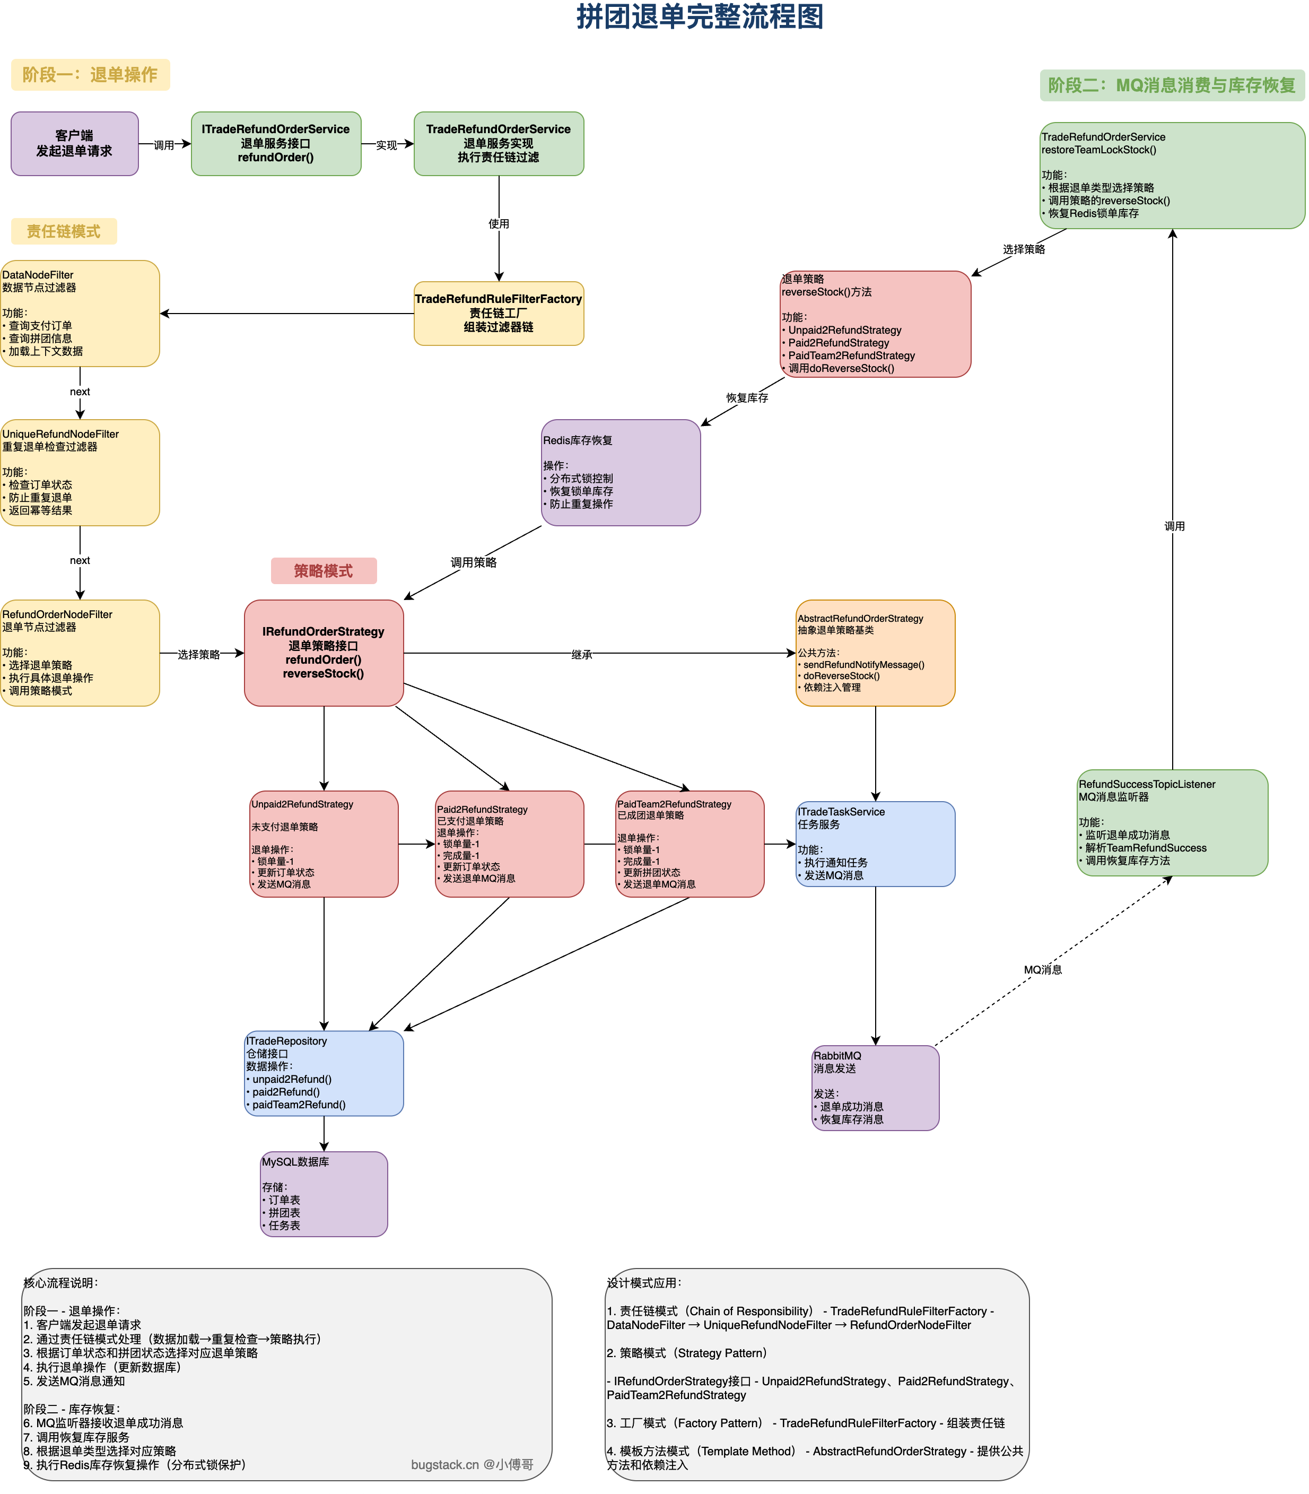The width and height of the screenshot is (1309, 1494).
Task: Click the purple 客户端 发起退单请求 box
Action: point(74,143)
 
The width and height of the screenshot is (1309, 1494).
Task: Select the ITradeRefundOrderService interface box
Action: point(276,143)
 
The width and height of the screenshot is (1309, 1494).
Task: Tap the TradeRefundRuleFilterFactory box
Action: point(499,314)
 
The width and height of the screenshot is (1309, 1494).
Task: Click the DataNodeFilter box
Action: point(80,314)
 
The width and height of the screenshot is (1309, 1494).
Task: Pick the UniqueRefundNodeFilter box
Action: point(80,472)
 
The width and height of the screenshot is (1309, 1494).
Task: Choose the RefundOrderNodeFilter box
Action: point(80,653)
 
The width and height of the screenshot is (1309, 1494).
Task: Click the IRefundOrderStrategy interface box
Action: point(324,653)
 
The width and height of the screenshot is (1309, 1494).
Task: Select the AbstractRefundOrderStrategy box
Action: point(875,653)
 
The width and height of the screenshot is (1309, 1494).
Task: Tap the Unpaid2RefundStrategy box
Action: point(324,844)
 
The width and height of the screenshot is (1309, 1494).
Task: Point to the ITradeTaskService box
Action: point(875,844)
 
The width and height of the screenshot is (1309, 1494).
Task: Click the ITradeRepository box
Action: point(324,1073)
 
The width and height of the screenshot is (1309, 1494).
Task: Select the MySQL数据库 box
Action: point(324,1194)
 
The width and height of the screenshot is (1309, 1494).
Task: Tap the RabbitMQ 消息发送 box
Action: point(875,1088)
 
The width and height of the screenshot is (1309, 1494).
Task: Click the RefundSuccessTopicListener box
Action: point(1172,823)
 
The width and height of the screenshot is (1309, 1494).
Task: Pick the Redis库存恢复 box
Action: point(621,472)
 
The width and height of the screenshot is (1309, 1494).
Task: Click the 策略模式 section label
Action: point(324,570)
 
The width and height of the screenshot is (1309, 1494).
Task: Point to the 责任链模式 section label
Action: point(64,232)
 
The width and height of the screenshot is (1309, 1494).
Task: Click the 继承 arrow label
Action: point(581,655)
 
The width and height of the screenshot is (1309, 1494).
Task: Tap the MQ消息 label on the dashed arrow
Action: point(1042,969)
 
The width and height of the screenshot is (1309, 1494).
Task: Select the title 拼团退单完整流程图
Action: point(700,17)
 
